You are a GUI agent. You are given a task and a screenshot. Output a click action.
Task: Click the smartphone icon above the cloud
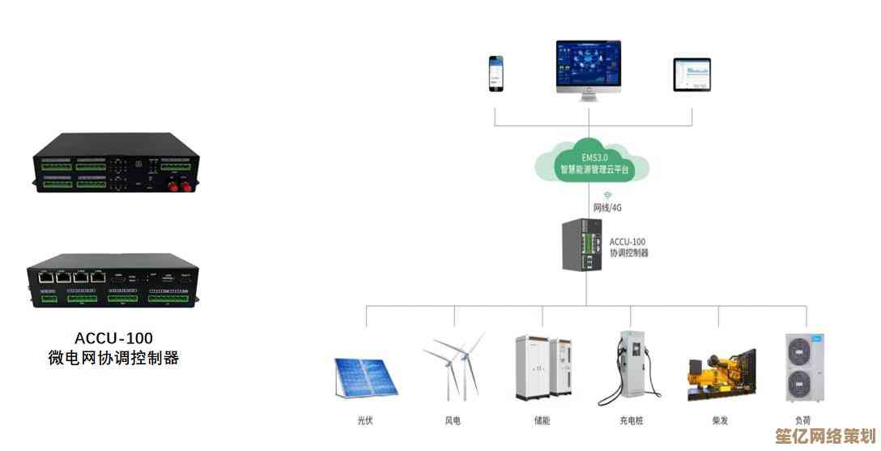[495, 73]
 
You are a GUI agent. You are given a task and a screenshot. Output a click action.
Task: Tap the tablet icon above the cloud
[692, 74]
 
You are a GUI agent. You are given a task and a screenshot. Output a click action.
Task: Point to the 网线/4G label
[607, 207]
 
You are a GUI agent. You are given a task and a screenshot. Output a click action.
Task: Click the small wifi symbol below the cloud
[607, 195]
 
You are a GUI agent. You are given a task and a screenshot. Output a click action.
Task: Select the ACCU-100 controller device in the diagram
[582, 246]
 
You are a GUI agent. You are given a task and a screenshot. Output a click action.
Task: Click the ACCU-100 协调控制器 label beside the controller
[629, 247]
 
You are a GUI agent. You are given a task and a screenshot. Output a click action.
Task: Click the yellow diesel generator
[721, 377]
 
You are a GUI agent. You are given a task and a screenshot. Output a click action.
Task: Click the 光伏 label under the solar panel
[365, 420]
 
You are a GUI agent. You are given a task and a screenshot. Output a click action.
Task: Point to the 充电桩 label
[632, 420]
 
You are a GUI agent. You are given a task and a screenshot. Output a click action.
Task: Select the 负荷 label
[802, 420]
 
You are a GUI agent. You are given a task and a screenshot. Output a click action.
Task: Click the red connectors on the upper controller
[178, 187]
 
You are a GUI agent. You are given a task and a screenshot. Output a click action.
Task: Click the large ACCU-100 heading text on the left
[113, 338]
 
